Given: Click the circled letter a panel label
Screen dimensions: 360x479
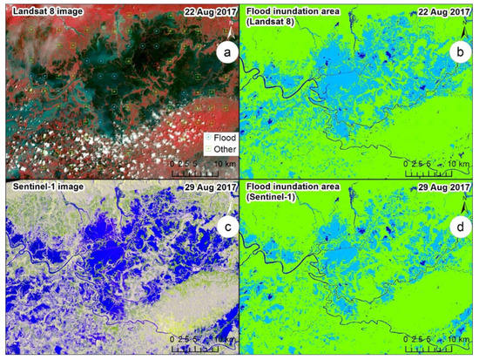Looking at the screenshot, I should point(227,54).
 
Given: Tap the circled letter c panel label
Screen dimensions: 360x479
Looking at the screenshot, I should point(227,229).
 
